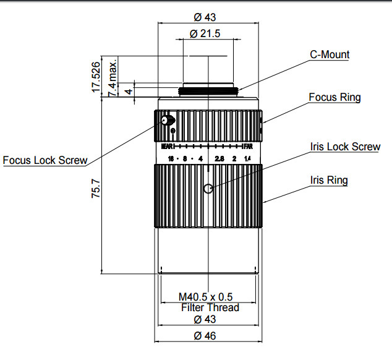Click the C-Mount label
coord(330,55)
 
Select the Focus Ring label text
coord(334,98)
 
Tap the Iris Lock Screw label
coord(345,147)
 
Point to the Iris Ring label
coord(329,181)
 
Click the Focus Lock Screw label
coord(44,160)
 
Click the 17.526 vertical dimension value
coord(96,77)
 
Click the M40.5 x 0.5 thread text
coord(210,296)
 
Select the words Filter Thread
coord(210,307)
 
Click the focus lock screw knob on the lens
coord(167,121)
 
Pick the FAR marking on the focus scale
coord(249,147)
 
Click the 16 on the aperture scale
coord(170,160)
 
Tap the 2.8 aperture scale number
coord(219,160)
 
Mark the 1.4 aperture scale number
coord(248,160)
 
